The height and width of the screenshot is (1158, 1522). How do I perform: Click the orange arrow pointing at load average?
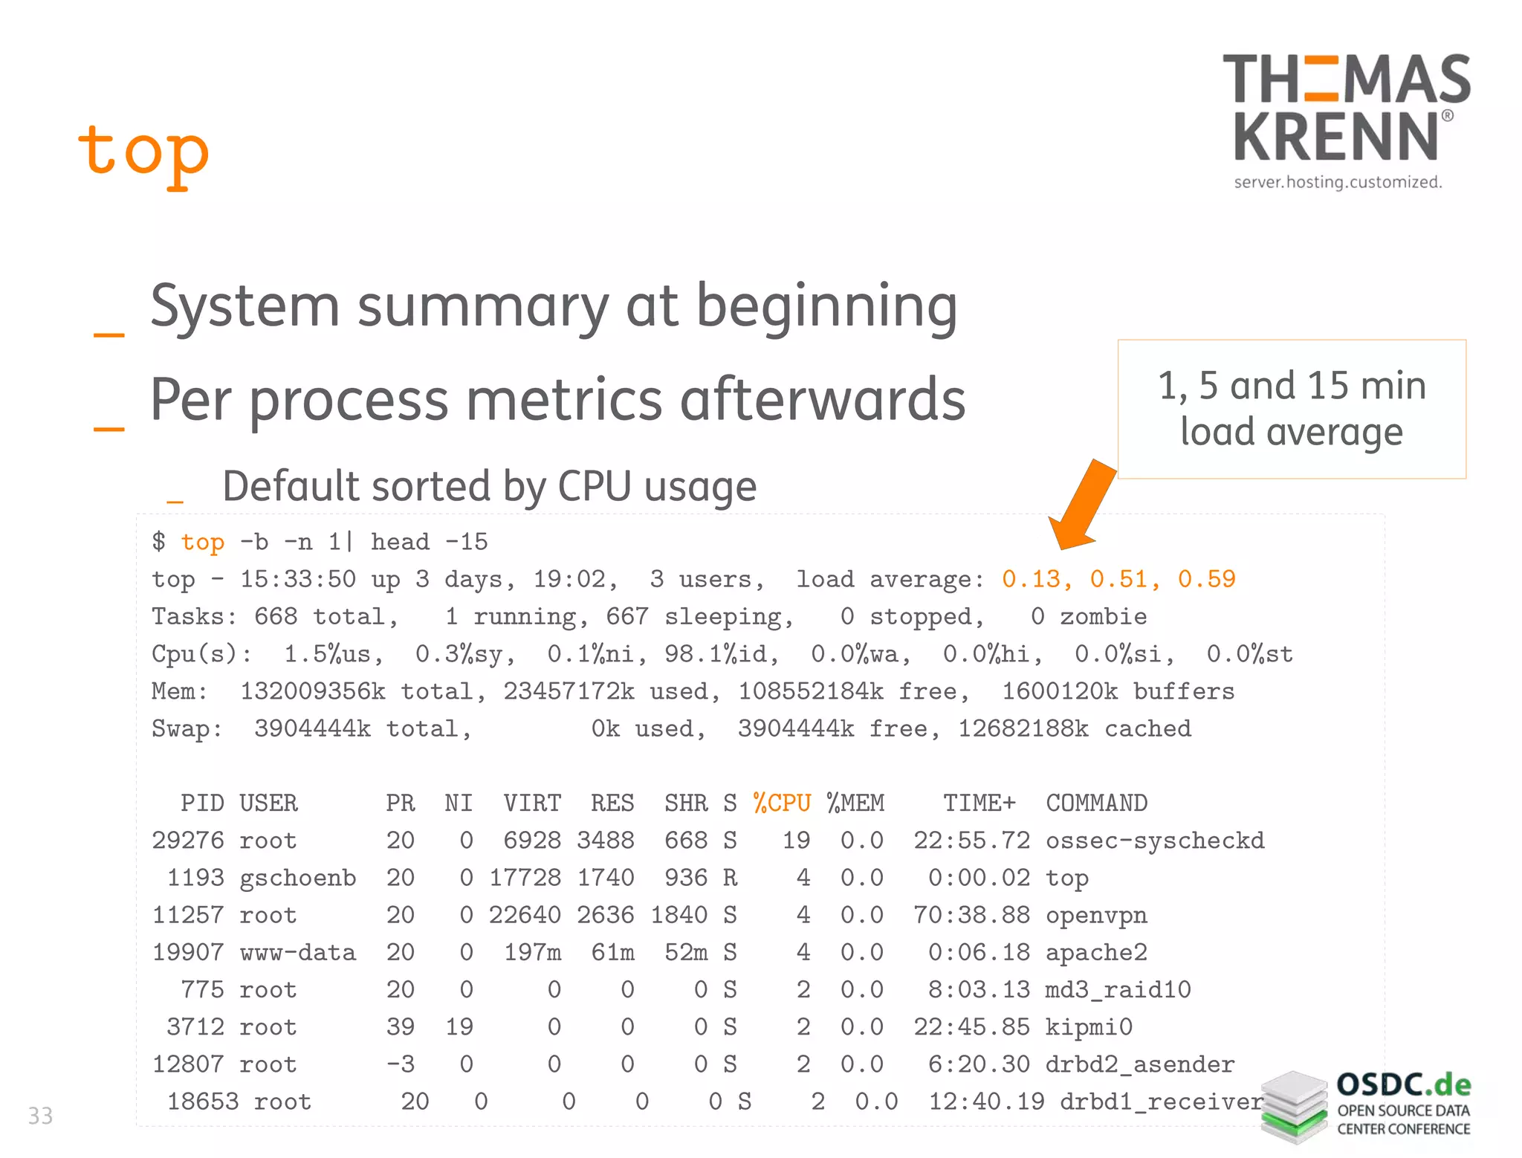pos(1081,505)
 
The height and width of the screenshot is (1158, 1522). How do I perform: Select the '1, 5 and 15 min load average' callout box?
pos(1292,409)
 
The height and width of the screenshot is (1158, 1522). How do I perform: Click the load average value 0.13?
pos(1031,580)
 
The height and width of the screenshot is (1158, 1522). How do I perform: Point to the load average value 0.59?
pos(1207,580)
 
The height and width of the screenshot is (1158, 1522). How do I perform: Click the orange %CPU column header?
pos(782,803)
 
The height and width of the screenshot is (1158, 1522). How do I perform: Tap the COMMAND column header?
pos(1096,803)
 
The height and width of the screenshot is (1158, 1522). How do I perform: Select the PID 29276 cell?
pos(188,841)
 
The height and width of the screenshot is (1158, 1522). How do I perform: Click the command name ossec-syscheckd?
pos(1155,841)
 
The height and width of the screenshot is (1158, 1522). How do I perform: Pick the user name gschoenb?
pos(297,878)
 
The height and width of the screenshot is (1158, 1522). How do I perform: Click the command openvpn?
pos(1096,915)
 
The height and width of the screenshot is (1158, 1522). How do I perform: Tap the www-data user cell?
pos(297,953)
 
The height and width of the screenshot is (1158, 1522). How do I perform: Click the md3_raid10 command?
pos(1118,990)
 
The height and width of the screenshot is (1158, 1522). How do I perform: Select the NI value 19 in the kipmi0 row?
pos(459,1027)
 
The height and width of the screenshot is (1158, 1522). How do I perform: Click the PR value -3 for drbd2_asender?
pos(401,1064)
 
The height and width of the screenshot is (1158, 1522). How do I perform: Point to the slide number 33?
pos(40,1116)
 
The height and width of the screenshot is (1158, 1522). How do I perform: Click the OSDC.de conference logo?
pos(1366,1106)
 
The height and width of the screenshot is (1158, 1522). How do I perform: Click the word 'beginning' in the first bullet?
pos(826,306)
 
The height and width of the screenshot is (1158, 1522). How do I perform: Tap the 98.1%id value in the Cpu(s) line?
pos(721,654)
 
